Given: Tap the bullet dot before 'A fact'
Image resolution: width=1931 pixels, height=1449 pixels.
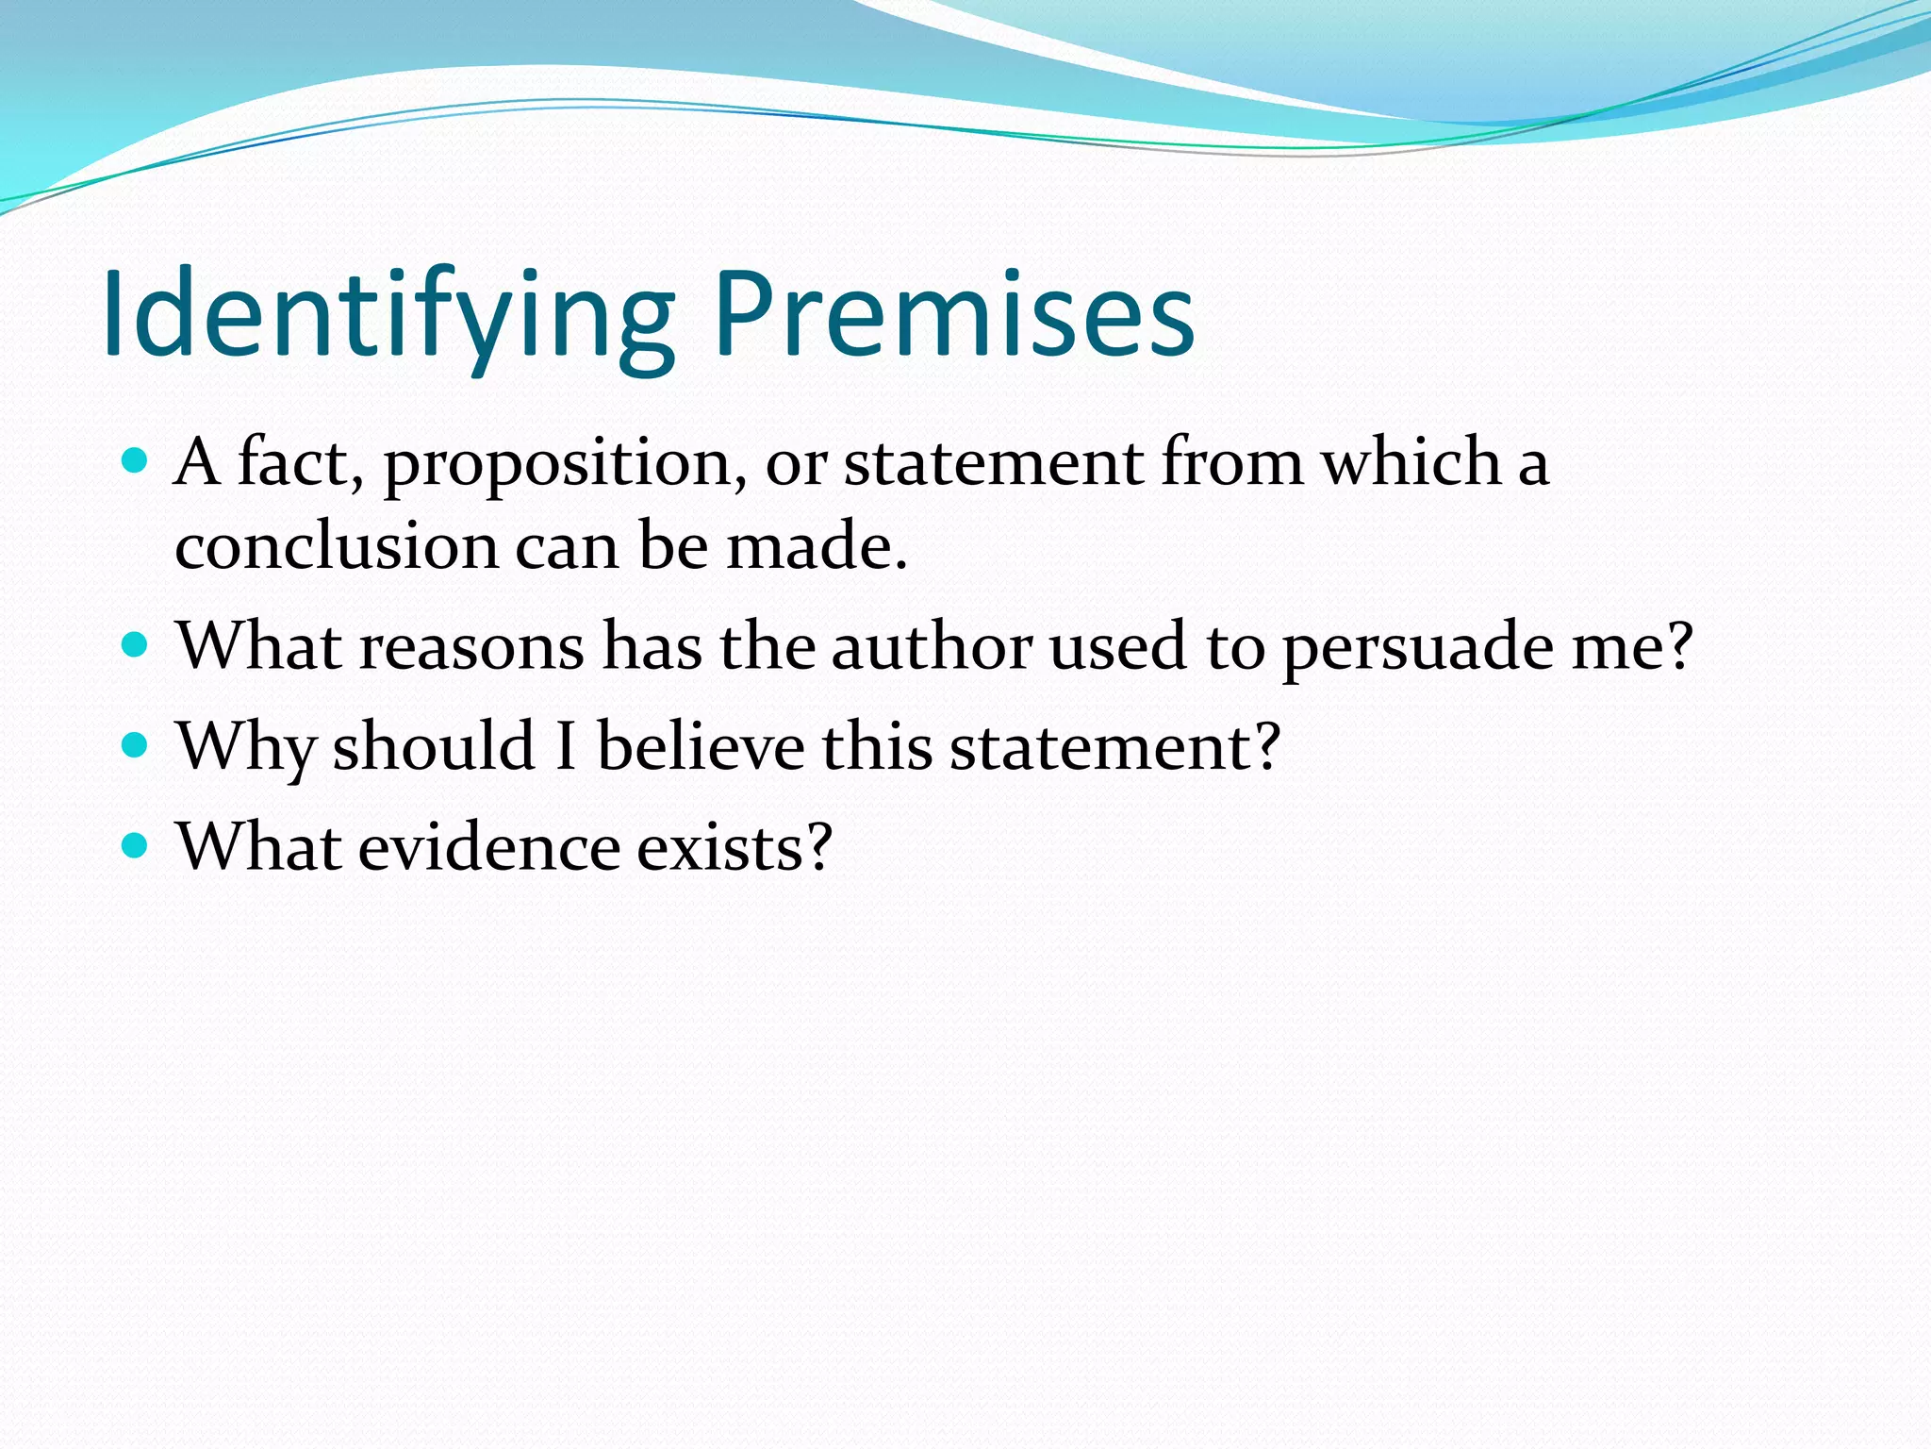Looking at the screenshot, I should pyautogui.click(x=136, y=461).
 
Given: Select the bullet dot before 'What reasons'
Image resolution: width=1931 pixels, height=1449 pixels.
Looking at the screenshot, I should pyautogui.click(x=136, y=645).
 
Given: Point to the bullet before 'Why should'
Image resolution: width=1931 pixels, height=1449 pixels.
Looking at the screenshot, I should pyautogui.click(x=136, y=746).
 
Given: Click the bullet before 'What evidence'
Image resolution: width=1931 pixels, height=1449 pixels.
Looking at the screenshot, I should pyautogui.click(x=136, y=845).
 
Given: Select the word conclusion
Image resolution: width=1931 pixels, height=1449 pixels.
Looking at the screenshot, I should pyautogui.click(x=336, y=546).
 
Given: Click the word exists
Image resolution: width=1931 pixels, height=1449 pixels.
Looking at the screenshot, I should pyautogui.click(x=735, y=846).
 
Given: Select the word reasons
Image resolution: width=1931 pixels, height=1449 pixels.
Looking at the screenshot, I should pyautogui.click(x=471, y=649).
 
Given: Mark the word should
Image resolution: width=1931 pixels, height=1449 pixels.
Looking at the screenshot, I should pyautogui.click(x=434, y=746).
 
